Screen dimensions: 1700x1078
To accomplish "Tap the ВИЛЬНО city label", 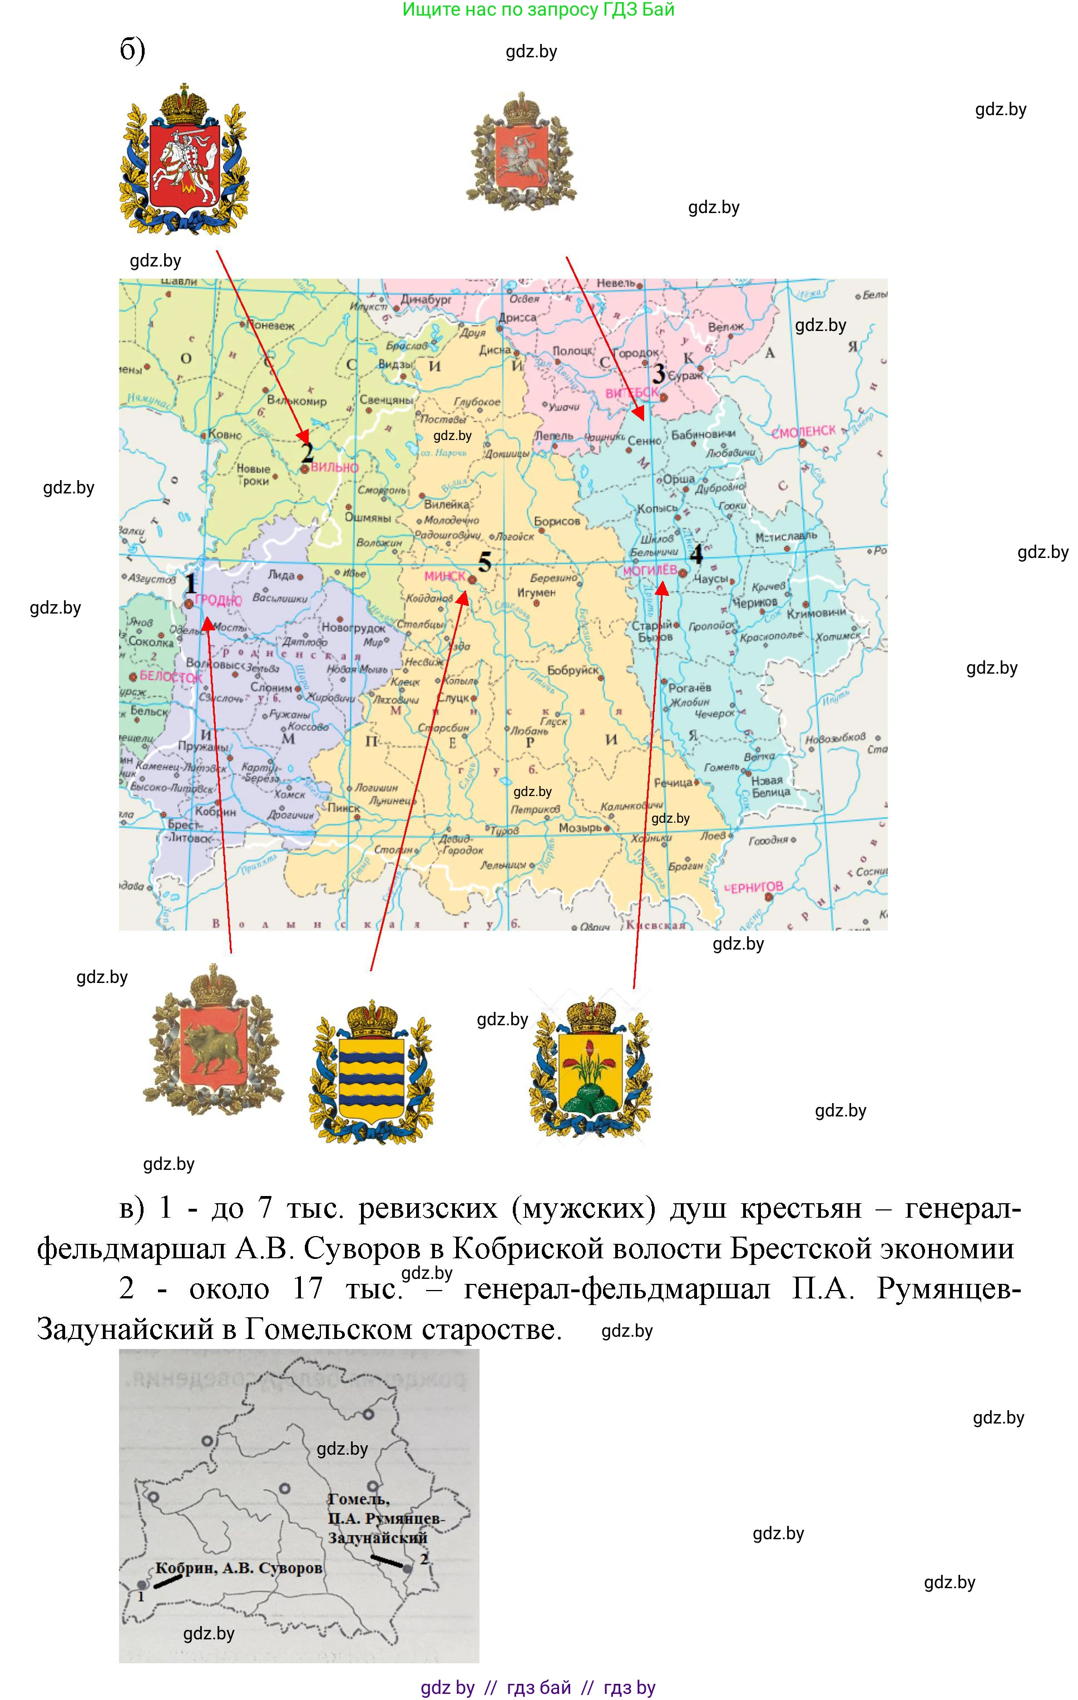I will (x=335, y=467).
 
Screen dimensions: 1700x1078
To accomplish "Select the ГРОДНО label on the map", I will (x=218, y=600).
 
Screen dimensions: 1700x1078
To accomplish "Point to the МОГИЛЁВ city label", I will (x=650, y=570).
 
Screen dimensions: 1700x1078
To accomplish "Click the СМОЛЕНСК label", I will (x=803, y=431).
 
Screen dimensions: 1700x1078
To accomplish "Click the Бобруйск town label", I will (x=572, y=670).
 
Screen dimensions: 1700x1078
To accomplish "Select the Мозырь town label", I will (x=580, y=827).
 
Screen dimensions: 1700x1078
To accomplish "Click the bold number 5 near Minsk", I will (x=484, y=562).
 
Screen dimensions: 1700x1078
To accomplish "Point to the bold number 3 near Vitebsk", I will (x=659, y=373).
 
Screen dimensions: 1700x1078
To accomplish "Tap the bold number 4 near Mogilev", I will (x=696, y=554).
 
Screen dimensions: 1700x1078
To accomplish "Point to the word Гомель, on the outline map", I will (x=359, y=1498).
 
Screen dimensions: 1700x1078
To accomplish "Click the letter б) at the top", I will (x=133, y=50).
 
